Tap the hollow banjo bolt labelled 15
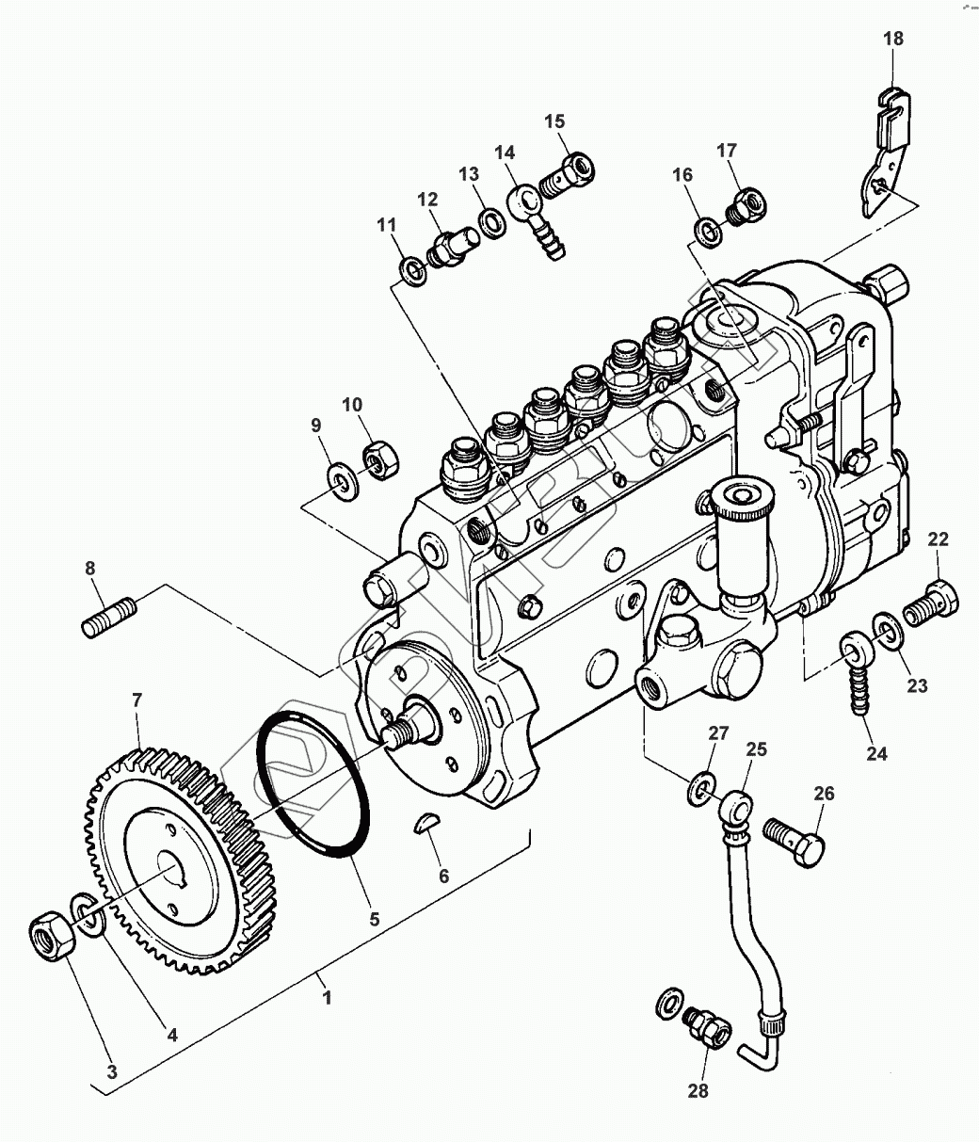(x=570, y=173)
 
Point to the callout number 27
(x=719, y=734)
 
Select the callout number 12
(x=428, y=199)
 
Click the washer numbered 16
(x=707, y=229)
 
